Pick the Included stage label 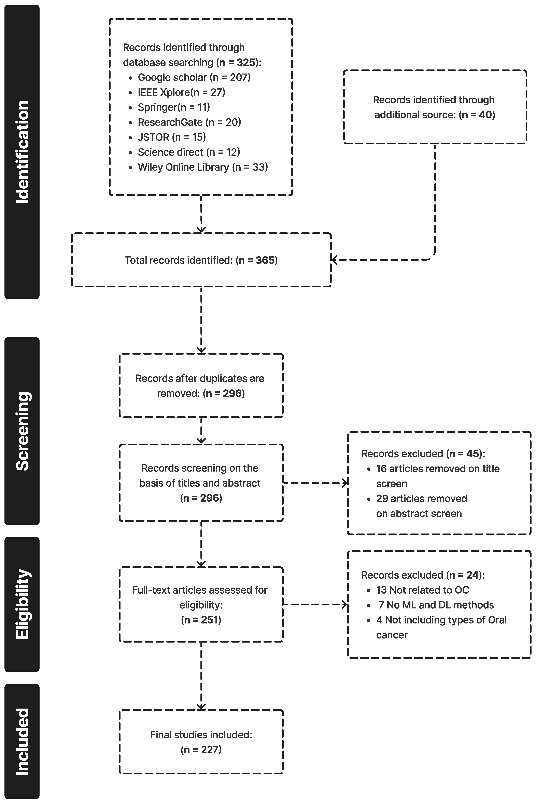coord(22,741)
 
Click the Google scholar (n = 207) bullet coord(194,77)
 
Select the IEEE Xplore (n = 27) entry coord(181,92)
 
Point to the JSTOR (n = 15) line coord(172,137)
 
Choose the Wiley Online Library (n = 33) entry coord(202,167)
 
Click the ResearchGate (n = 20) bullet coord(189,122)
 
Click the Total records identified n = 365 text coord(201,260)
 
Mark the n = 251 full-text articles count coord(201,620)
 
